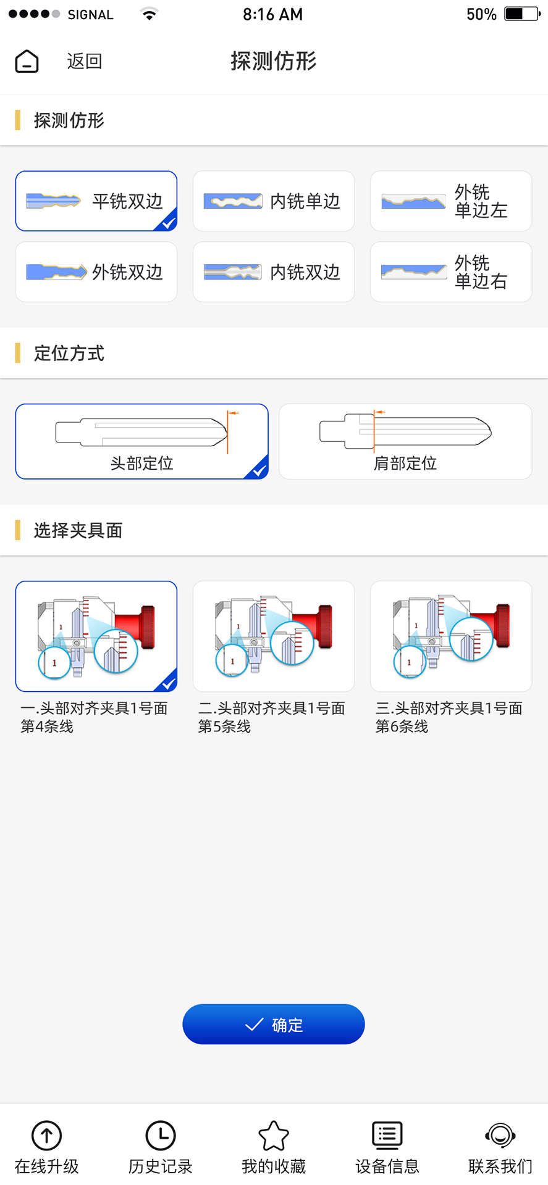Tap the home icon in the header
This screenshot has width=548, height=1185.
(27, 61)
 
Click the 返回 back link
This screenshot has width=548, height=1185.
(85, 61)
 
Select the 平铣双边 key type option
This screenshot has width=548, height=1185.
(96, 201)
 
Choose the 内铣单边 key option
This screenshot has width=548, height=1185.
(274, 201)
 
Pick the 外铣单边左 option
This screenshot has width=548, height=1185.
(451, 201)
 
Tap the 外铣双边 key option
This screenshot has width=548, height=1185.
(96, 272)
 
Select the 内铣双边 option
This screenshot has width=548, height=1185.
(274, 272)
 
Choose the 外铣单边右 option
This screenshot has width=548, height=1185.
(451, 272)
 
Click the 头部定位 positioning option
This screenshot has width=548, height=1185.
(142, 441)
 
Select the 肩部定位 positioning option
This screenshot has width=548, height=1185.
(405, 441)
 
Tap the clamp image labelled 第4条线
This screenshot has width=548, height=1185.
(96, 636)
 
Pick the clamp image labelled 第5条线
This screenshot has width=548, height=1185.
(274, 636)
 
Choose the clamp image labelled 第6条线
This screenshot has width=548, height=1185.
(451, 636)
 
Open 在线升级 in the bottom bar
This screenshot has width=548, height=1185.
(47, 1147)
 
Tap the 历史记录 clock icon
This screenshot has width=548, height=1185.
(161, 1136)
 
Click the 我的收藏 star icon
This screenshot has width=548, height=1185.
(274, 1136)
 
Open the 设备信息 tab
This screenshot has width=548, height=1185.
(387, 1147)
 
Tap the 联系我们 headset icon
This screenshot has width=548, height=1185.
(500, 1136)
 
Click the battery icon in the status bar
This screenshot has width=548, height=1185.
(522, 14)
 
